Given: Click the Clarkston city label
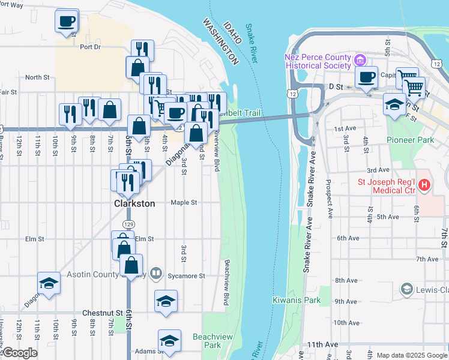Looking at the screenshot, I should pyautogui.click(x=134, y=203).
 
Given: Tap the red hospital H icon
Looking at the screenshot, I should pyautogui.click(x=424, y=185).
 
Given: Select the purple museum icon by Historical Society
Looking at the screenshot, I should pyautogui.click(x=360, y=60).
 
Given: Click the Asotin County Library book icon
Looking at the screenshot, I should pyautogui.click(x=155, y=274).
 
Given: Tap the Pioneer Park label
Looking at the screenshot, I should pyautogui.click(x=410, y=140).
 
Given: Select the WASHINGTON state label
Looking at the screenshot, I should pyautogui.click(x=220, y=41).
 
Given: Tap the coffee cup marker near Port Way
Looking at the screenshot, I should pyautogui.click(x=67, y=21).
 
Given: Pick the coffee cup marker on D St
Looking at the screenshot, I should pyautogui.click(x=366, y=77).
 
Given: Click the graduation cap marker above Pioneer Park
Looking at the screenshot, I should pyautogui.click(x=394, y=104).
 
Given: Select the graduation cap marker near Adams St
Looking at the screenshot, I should pyautogui.click(x=170, y=341).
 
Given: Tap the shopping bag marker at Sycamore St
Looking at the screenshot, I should pyautogui.click(x=131, y=265).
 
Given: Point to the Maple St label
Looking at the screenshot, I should pyautogui.click(x=184, y=203).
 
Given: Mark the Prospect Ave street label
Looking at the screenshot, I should pyautogui.click(x=328, y=198).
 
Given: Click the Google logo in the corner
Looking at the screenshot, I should pyautogui.click(x=19, y=353).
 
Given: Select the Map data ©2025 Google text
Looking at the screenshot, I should pyautogui.click(x=412, y=355).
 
